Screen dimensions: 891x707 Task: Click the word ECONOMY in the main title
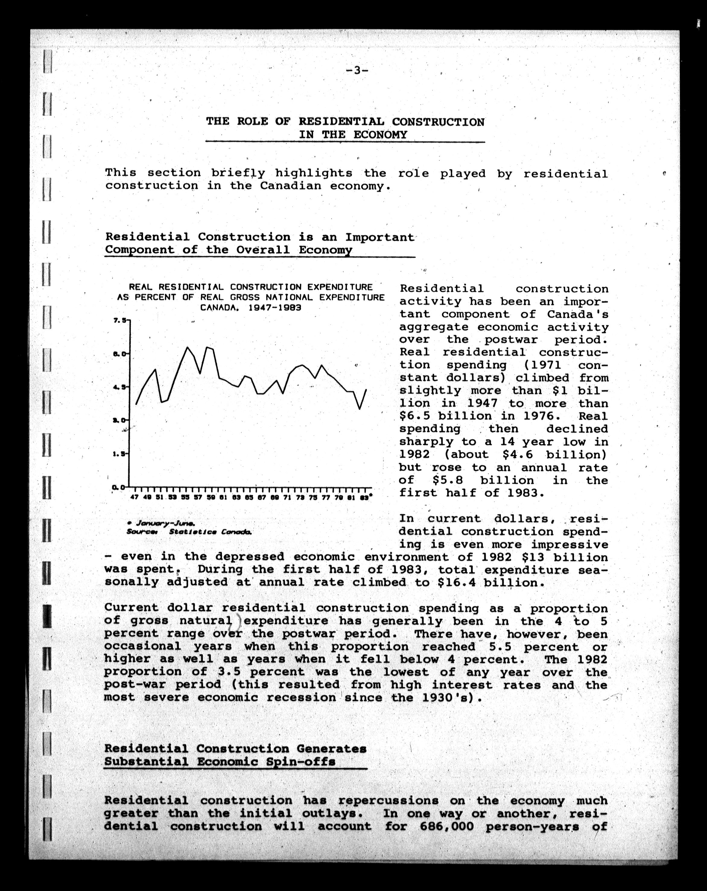[380, 135]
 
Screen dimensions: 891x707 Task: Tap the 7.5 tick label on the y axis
[120, 320]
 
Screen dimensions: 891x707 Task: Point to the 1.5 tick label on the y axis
[120, 454]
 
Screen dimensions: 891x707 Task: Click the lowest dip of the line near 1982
[360, 409]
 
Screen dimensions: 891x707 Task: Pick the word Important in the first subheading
[379, 237]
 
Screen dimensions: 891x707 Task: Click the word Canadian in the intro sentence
[290, 186]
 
